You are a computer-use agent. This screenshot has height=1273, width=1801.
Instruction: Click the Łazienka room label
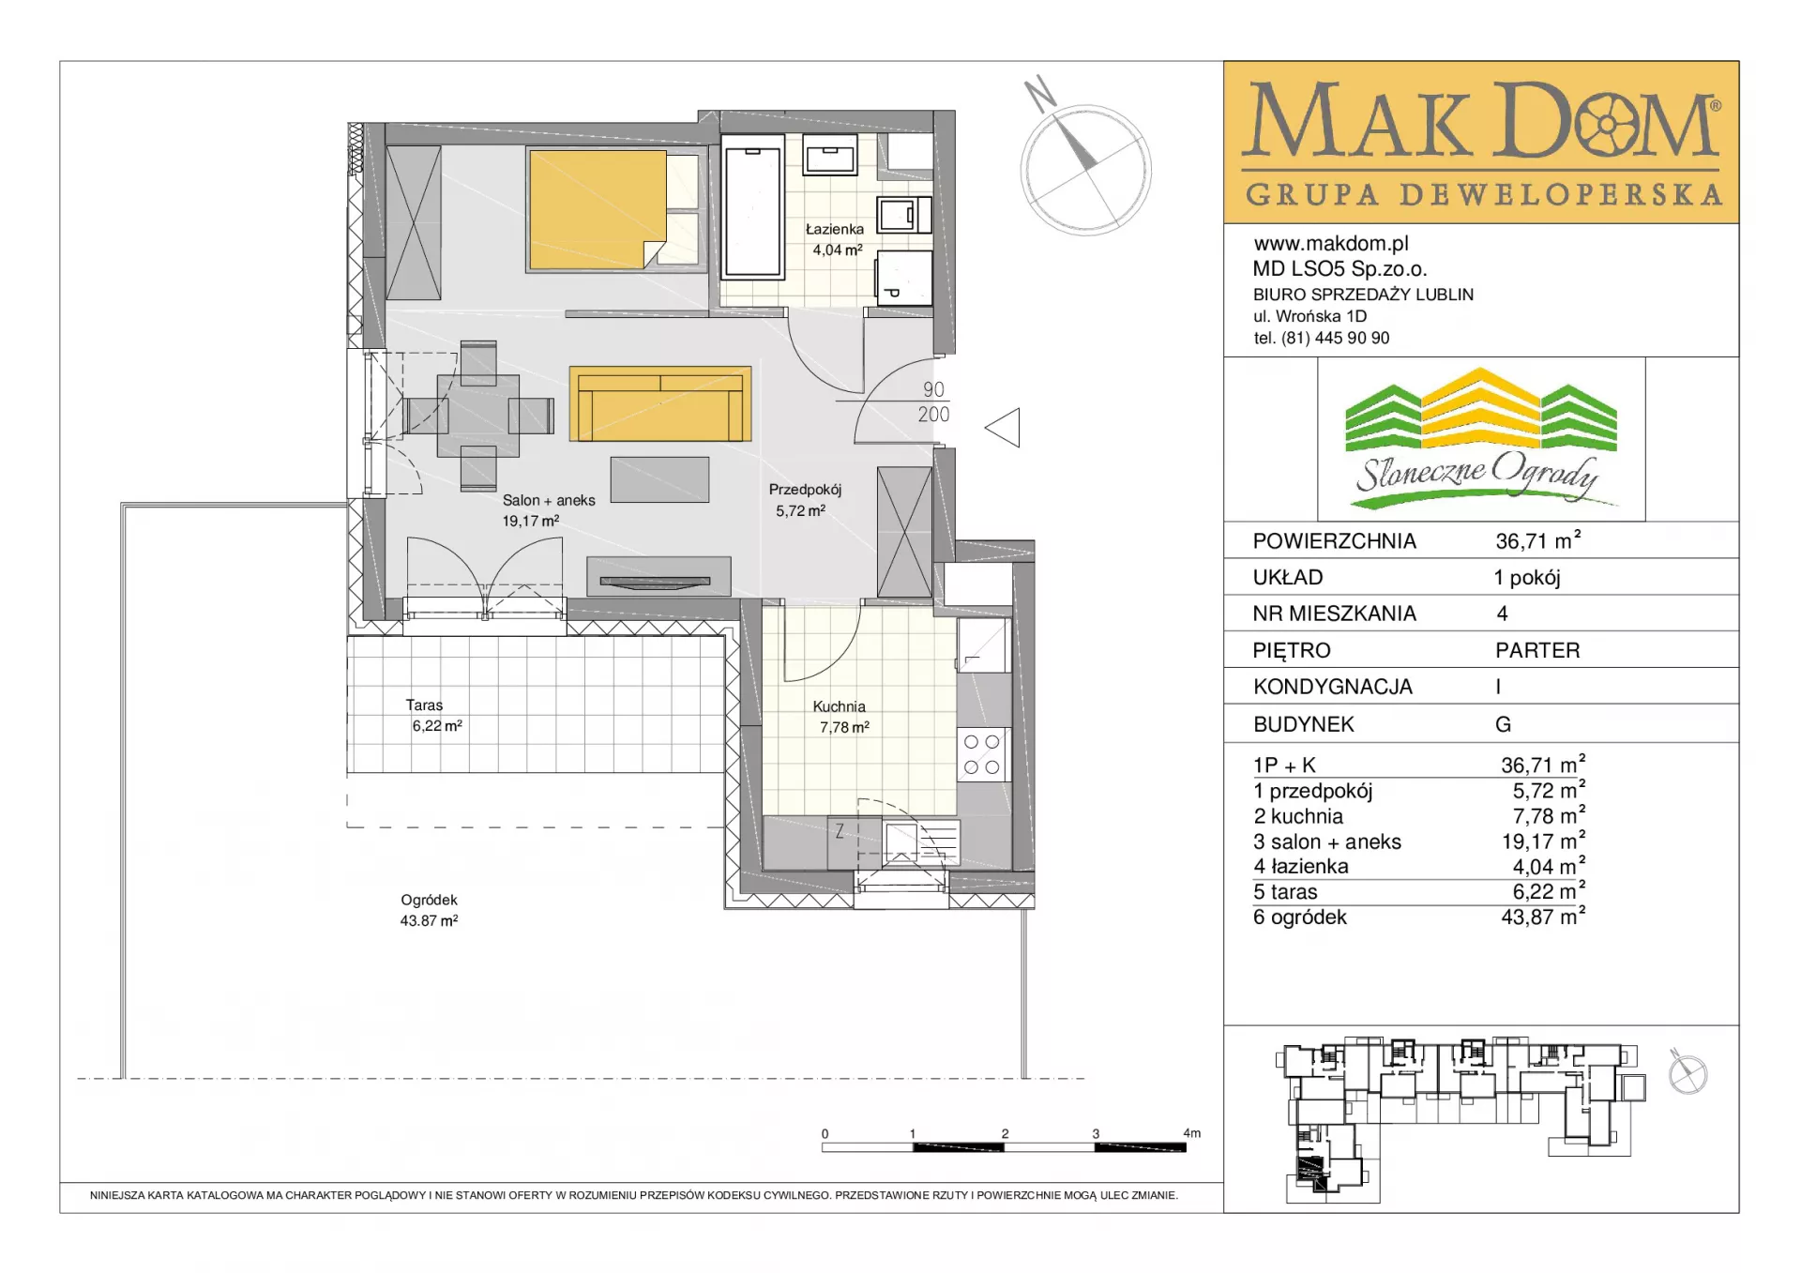point(835,229)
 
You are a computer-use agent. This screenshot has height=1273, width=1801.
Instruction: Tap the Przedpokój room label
point(805,490)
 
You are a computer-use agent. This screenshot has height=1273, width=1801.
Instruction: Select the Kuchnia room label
point(840,706)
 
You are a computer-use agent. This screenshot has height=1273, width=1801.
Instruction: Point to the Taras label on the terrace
point(424,705)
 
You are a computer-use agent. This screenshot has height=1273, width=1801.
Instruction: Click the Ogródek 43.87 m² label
point(430,910)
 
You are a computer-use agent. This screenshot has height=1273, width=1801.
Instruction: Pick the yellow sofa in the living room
point(660,403)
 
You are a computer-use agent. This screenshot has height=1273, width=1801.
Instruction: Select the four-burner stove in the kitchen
point(982,755)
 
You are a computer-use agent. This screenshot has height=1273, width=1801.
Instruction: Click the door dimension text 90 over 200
point(933,402)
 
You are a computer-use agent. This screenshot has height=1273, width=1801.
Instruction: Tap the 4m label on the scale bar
point(1191,1133)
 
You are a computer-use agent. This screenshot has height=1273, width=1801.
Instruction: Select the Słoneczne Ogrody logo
point(1481,439)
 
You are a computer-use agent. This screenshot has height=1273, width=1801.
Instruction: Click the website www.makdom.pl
point(1331,244)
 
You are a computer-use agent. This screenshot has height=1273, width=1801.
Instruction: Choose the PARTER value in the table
point(1537,650)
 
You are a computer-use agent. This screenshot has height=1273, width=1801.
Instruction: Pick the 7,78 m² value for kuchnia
point(1549,815)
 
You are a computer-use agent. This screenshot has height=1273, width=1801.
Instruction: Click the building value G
point(1503,724)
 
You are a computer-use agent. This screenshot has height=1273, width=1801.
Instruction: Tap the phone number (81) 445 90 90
point(1336,338)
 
